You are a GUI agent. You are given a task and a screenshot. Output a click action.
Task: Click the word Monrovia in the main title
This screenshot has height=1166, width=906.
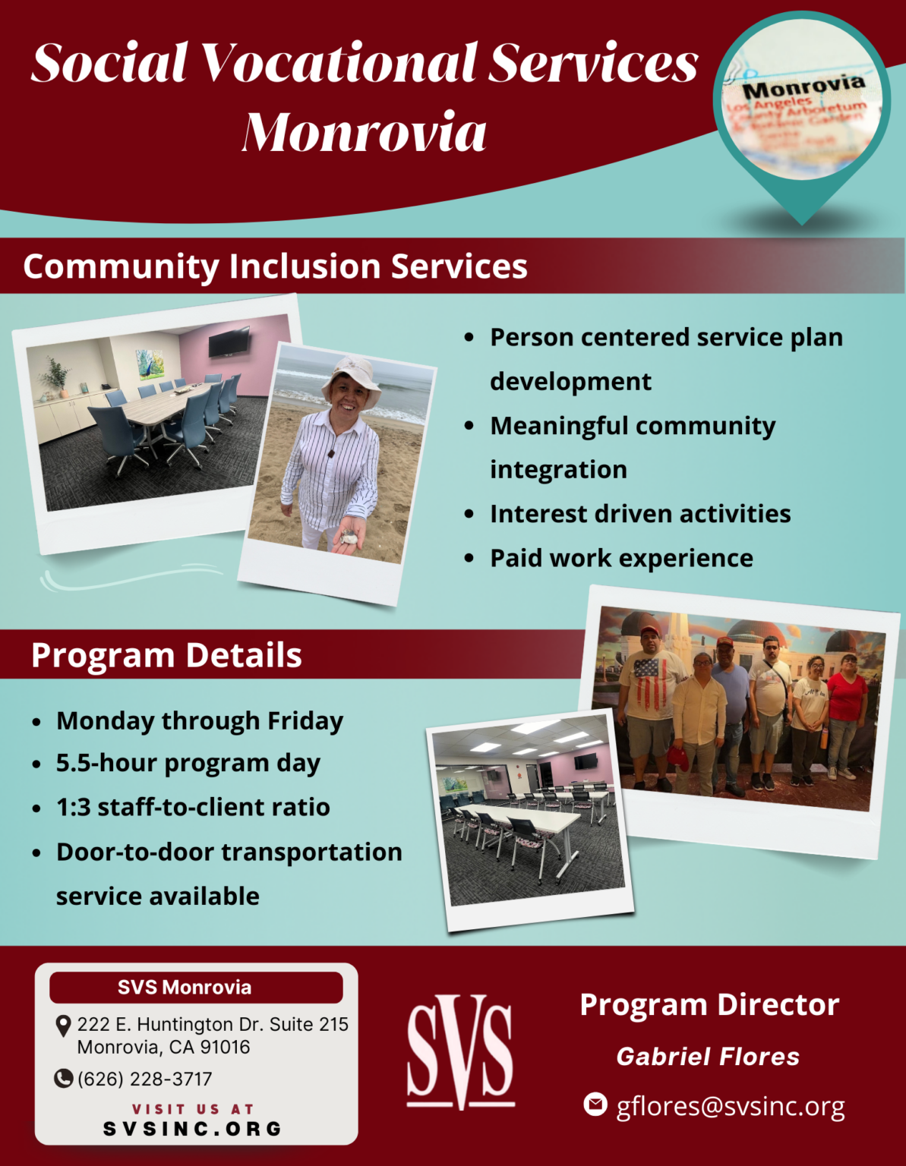365,132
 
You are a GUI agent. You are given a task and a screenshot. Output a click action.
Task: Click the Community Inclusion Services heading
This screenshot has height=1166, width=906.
275,266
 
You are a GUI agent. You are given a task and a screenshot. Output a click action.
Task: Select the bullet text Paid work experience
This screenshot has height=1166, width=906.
621,558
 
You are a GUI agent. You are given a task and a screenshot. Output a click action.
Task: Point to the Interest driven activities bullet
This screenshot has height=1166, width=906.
640,514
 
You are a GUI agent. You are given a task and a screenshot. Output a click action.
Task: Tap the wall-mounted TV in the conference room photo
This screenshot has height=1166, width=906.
229,342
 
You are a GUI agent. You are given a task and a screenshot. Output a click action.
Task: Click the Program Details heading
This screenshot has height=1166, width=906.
166,655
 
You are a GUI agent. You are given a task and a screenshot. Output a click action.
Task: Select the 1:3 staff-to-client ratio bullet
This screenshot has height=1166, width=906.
193,807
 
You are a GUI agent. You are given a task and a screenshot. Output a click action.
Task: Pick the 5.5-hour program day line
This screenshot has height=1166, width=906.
188,763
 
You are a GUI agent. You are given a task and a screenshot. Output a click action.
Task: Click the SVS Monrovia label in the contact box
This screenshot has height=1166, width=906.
185,988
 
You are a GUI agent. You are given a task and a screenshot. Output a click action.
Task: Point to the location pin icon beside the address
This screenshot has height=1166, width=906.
64,1026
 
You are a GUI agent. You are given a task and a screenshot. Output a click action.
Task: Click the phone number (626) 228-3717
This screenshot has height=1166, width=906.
144,1079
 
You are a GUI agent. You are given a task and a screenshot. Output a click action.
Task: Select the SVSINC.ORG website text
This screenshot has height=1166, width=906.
193,1129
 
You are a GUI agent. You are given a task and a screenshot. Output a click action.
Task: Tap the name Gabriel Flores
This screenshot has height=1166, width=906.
708,1057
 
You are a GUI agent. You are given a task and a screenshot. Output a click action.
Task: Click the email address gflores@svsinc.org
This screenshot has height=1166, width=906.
730,1106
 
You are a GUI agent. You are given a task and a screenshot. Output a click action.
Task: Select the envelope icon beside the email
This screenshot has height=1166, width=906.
595,1104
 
